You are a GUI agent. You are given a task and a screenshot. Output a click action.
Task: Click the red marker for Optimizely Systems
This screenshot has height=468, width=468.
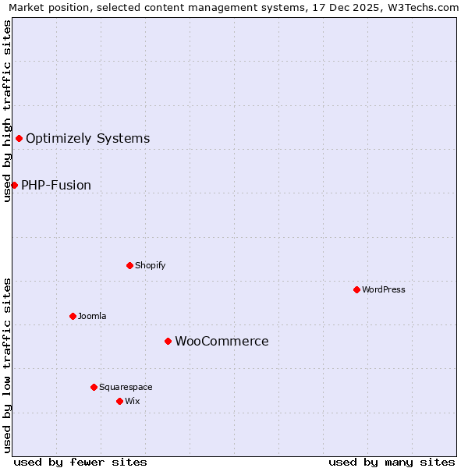tap(19, 138)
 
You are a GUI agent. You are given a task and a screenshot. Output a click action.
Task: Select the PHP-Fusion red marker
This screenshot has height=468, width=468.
tap(14, 185)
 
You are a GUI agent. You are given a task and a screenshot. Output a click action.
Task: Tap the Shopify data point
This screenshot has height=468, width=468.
tap(129, 265)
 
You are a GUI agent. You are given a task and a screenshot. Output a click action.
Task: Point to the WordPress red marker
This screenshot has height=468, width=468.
tap(356, 289)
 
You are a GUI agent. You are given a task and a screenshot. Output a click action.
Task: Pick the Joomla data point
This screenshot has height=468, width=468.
tap(73, 316)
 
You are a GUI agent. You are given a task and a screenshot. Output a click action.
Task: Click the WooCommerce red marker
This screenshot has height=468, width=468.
tap(168, 341)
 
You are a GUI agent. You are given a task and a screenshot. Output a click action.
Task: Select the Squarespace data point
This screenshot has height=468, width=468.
tap(94, 387)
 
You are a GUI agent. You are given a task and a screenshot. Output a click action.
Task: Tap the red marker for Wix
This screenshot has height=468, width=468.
tap(119, 401)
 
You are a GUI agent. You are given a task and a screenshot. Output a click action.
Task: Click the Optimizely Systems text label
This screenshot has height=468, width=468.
tap(87, 139)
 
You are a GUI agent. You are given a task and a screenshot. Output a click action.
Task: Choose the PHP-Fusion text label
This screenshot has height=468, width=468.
tap(56, 186)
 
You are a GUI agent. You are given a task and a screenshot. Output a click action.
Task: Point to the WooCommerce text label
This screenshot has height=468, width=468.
tap(222, 342)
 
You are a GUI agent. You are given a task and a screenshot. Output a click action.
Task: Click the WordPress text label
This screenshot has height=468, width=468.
tap(384, 289)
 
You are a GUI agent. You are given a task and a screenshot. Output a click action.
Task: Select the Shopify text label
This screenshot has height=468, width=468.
tap(150, 265)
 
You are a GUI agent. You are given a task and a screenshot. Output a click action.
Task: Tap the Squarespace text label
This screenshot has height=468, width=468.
tap(126, 387)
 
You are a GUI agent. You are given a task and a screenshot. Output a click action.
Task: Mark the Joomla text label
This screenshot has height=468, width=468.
tap(92, 316)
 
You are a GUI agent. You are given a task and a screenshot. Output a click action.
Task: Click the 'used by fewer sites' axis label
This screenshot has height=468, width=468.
tap(80, 462)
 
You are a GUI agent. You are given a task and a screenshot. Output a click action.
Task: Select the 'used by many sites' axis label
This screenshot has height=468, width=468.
tap(392, 462)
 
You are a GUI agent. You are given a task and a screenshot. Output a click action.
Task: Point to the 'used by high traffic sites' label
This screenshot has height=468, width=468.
tap(7, 111)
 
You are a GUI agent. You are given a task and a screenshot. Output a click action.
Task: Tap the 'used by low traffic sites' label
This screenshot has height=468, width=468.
tap(7, 364)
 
